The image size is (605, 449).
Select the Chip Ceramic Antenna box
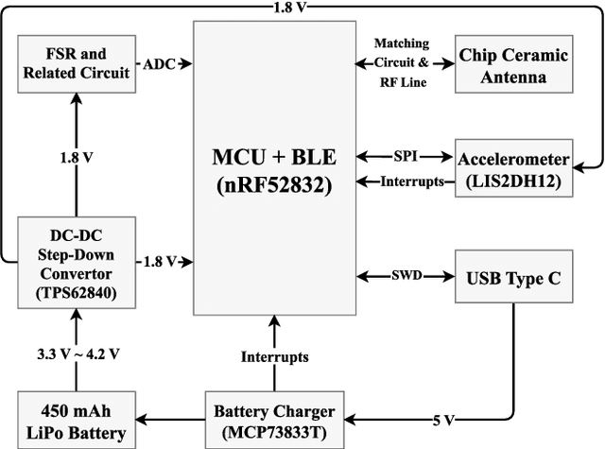click(x=515, y=65)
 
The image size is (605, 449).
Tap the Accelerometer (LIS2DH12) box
click(x=515, y=168)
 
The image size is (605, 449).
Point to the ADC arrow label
click(x=158, y=64)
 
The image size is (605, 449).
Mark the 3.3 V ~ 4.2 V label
click(x=78, y=355)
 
